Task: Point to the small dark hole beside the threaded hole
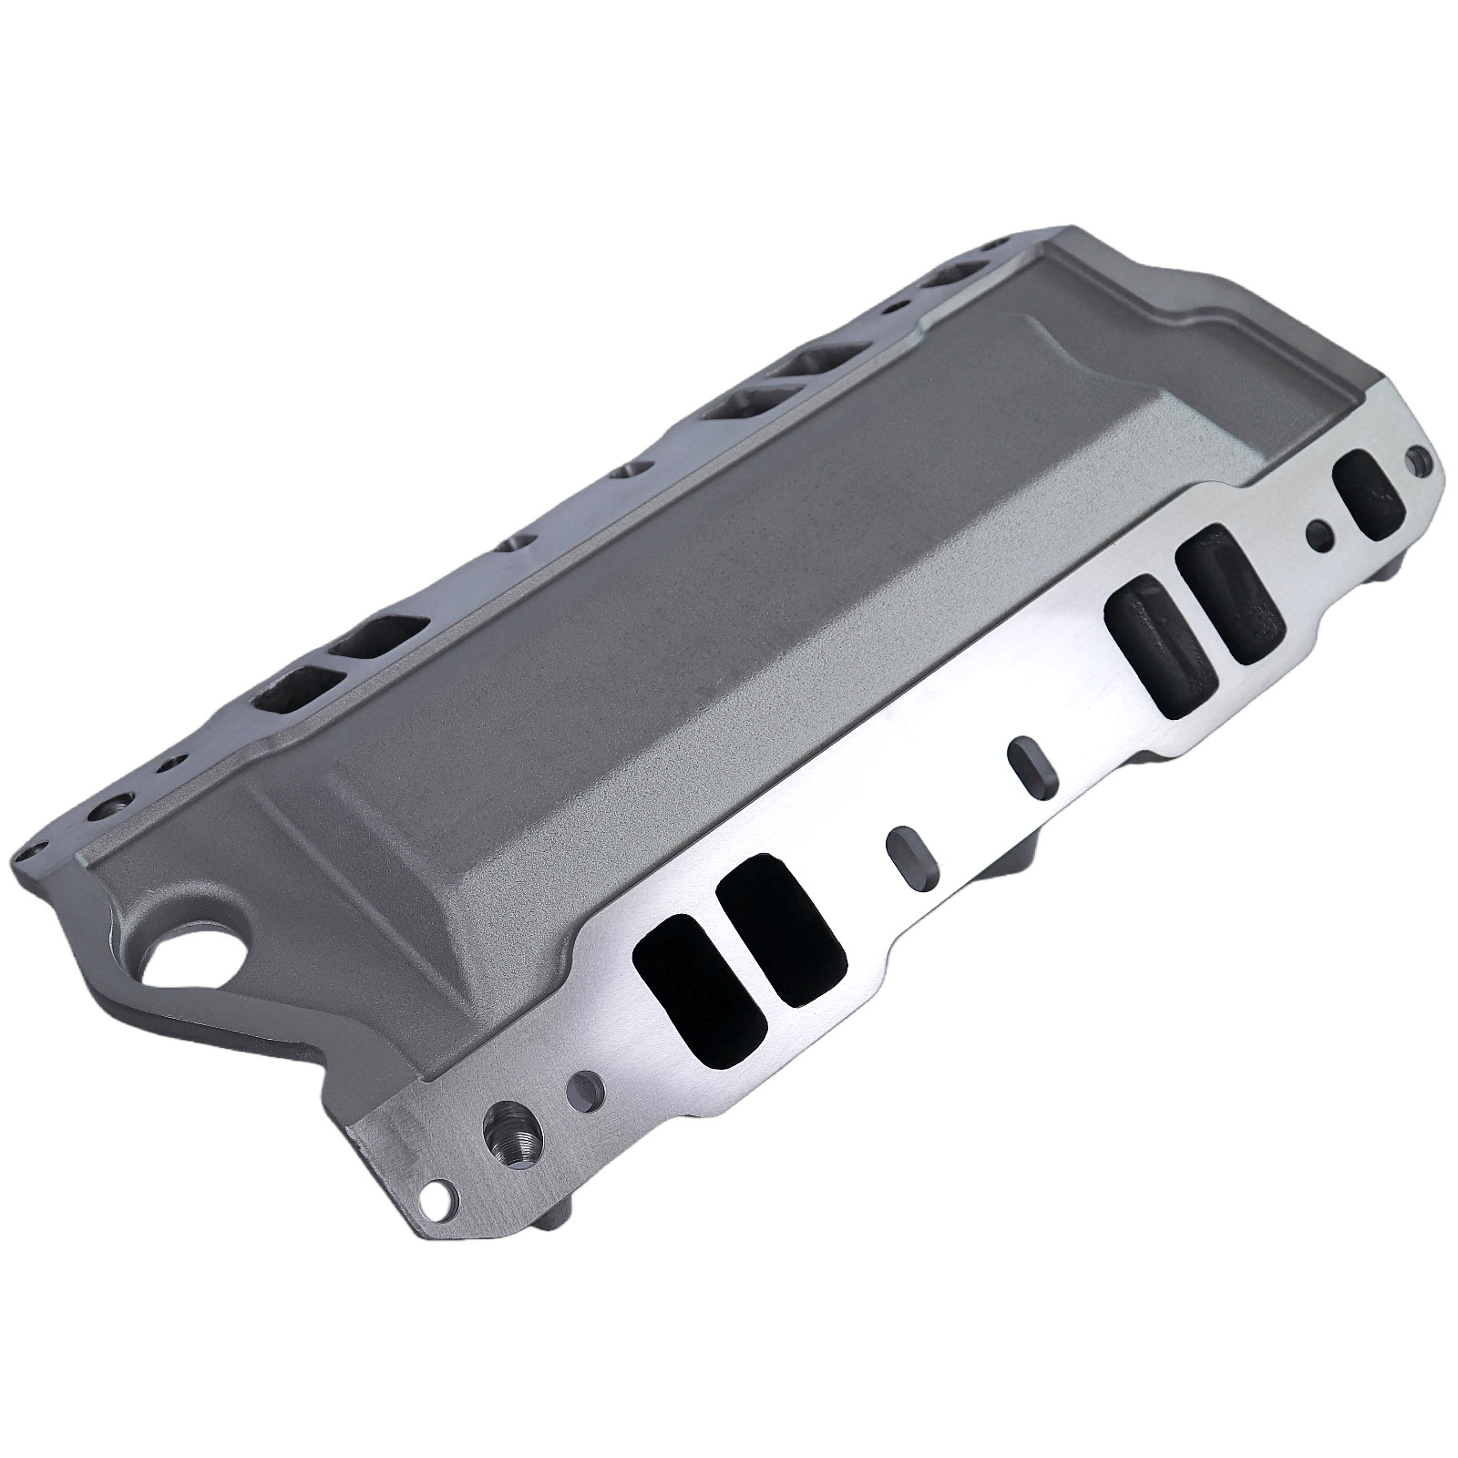pyautogui.click(x=583, y=1090)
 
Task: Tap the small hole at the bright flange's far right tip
pyautogui.click(x=1416, y=455)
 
